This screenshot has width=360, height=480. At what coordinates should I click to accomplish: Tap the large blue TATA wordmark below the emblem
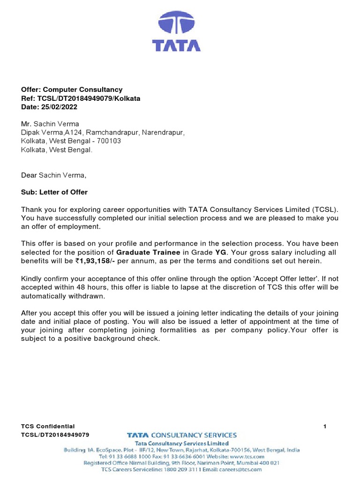pos(176,45)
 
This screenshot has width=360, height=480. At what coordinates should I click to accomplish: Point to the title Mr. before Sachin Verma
pos(26,124)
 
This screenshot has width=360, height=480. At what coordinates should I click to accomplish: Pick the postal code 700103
pos(107,142)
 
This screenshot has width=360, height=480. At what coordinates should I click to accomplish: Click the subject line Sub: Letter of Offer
pos(54,192)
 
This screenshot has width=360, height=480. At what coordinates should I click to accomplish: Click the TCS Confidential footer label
pos(48,426)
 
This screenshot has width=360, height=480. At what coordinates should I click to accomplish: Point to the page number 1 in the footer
pos(325,426)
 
